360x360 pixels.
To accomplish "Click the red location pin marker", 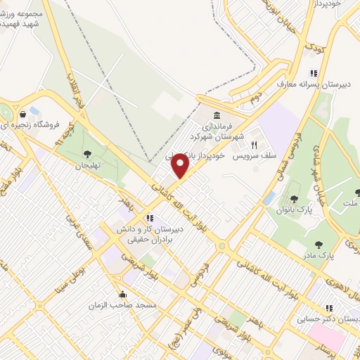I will point(181,166).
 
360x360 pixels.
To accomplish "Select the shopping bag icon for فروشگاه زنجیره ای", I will point(33,112).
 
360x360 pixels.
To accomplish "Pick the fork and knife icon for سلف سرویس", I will point(254,143).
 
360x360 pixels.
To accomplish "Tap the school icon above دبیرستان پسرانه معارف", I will point(314,73).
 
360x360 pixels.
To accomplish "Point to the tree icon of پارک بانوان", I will point(293,200).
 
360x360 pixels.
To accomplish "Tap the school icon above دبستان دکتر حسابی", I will point(328,308).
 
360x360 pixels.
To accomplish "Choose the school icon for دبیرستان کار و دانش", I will point(149,217).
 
